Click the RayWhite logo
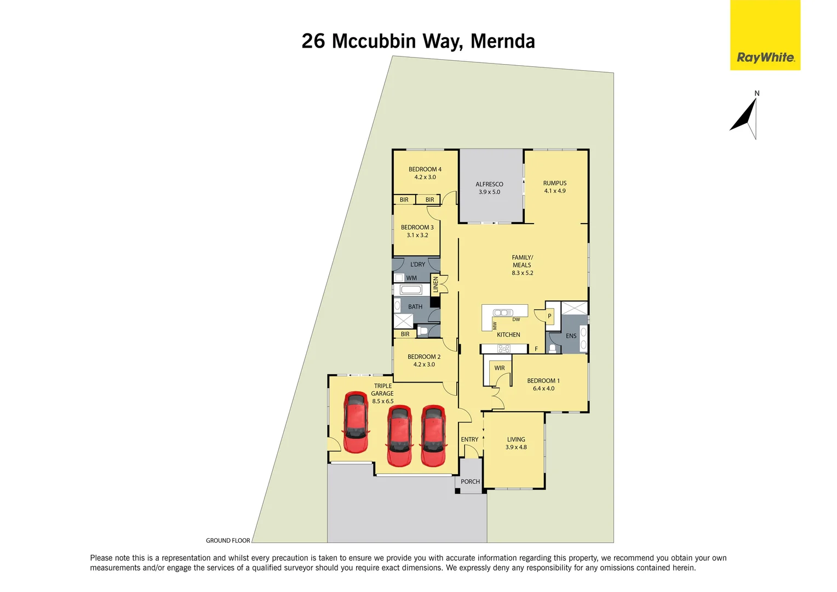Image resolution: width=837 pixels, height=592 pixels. pos(765,57)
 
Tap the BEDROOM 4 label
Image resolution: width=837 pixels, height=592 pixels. pos(425,169)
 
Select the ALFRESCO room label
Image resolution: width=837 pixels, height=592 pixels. pos(489,185)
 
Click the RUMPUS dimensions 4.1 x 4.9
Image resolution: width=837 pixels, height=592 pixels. pos(554,191)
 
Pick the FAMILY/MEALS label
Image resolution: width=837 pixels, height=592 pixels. pos(522,261)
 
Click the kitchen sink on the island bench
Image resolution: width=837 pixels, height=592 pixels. pos(503,313)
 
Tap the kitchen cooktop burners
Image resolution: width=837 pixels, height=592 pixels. pos(504,349)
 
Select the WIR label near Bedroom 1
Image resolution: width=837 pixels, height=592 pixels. pos(500,368)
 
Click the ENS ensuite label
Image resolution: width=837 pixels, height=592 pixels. pos(571,336)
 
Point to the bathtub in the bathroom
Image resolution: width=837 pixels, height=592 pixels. pos(410,290)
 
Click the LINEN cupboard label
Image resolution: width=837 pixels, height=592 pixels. pos(436,284)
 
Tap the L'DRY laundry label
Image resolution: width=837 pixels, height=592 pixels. pos(417,265)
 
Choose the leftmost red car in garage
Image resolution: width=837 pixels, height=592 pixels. pos(356,422)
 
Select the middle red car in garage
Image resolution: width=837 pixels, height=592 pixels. pos(399,436)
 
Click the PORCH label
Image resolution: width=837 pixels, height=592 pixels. pos(470,482)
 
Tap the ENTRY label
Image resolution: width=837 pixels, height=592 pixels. pos(469,440)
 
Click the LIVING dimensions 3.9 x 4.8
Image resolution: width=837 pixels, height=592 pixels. pos(516,447)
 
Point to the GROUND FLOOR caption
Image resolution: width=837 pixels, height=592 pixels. pos(228,540)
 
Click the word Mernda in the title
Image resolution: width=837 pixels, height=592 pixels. pos(502,41)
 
